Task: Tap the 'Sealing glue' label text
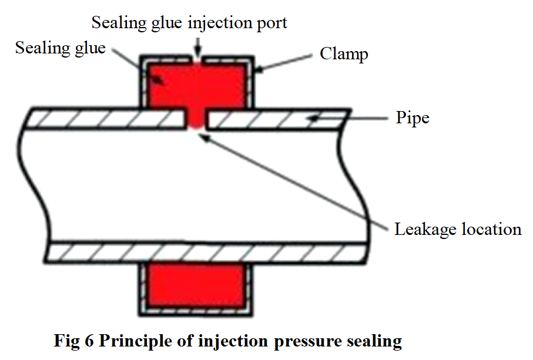pyautogui.click(x=60, y=48)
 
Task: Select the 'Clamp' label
pyautogui.click(x=344, y=54)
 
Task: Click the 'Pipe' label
pyautogui.click(x=412, y=117)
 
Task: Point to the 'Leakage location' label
pyautogui.click(x=457, y=228)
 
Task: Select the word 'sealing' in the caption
pyautogui.click(x=374, y=341)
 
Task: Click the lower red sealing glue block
pyautogui.click(x=197, y=285)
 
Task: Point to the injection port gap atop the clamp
pyautogui.click(x=197, y=59)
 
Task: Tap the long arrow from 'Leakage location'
pyautogui.click(x=294, y=182)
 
